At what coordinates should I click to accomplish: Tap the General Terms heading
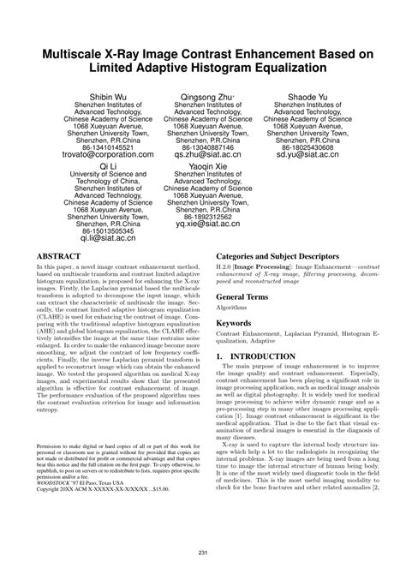(243, 296)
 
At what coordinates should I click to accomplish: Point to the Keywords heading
(234, 324)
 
